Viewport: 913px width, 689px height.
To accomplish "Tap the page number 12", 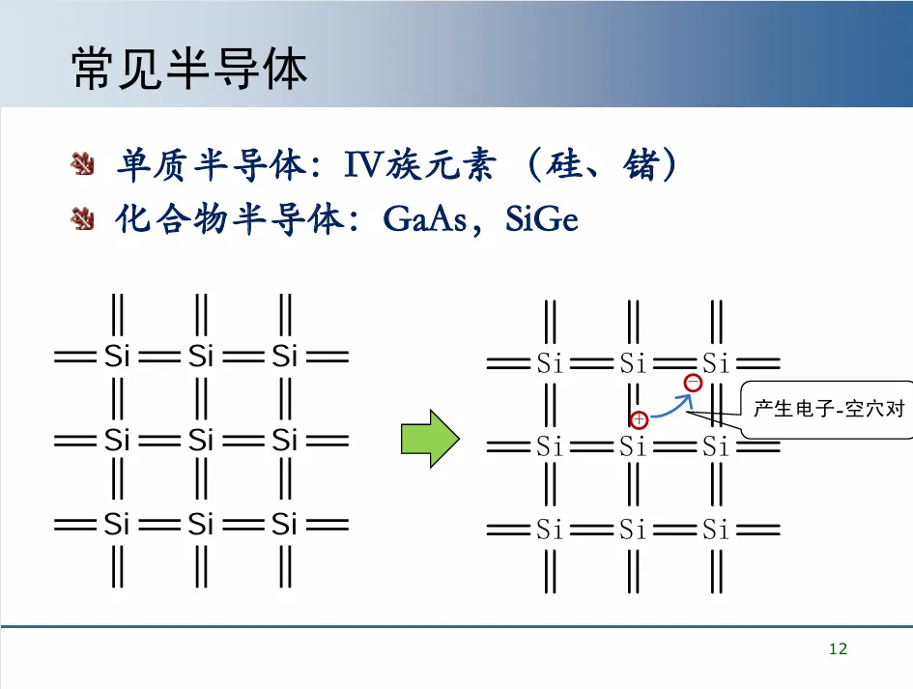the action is point(838,649).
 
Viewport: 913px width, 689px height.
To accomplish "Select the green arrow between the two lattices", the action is point(428,440).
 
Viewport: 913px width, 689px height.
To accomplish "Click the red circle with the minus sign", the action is point(693,384).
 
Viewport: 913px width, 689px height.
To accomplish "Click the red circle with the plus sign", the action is point(639,420).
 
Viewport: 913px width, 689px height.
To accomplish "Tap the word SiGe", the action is point(542,219).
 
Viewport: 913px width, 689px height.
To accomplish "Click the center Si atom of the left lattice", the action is point(200,441).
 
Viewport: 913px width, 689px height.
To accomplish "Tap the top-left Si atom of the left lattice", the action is point(117,357).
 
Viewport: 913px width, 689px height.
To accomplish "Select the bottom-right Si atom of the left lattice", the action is point(284,524).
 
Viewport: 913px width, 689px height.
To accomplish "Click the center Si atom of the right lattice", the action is point(633,447).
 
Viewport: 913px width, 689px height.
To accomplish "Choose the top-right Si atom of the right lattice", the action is point(716,364).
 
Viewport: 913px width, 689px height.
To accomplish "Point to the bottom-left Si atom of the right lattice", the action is point(550,530).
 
